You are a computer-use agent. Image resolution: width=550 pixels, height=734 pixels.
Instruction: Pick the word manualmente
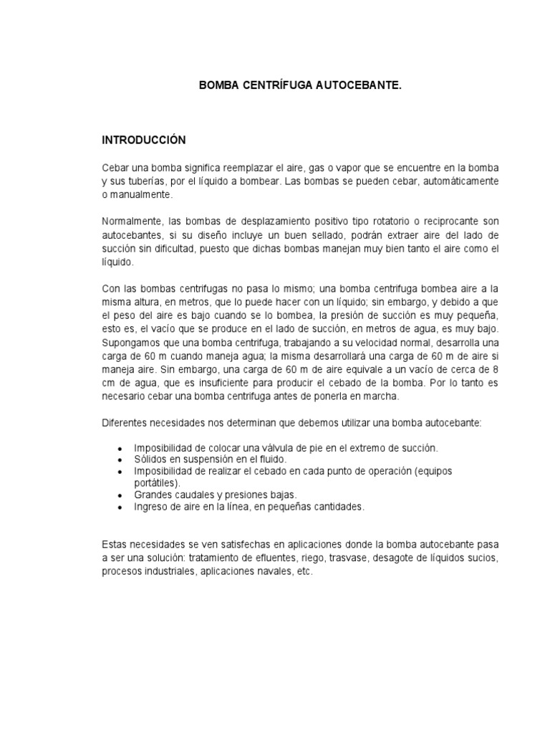[x=138, y=194]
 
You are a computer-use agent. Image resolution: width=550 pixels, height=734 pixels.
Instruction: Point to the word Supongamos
[x=130, y=343]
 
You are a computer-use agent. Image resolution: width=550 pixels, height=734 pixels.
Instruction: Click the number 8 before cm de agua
[x=495, y=369]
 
